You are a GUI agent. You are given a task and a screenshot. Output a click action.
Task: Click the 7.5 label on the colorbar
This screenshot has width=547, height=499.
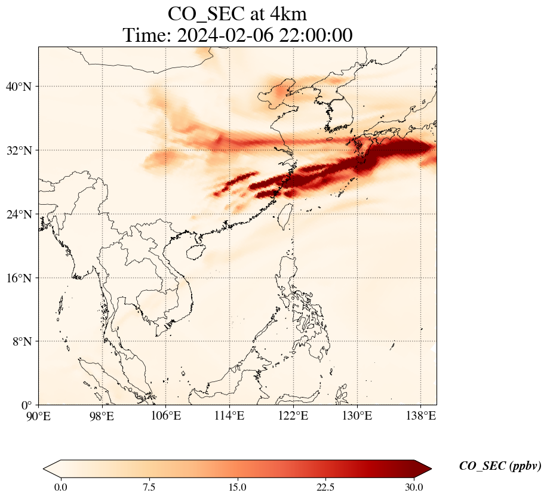tap(149, 487)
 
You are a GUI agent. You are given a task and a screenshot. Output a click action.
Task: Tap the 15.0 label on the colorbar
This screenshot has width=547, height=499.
tap(237, 487)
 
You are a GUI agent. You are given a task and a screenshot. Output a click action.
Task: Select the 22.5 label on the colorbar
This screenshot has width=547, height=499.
tap(325, 487)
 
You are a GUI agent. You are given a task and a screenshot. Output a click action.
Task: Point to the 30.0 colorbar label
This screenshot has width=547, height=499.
tap(414, 487)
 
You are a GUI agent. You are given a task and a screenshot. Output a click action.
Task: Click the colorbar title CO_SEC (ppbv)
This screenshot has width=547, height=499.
tap(500, 467)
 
